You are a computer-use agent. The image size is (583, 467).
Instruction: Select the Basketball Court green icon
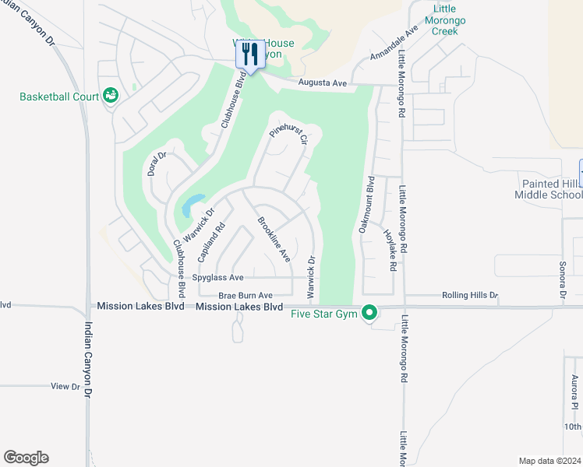pyautogui.click(x=111, y=96)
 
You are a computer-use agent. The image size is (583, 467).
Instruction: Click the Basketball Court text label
pyautogui.click(x=59, y=97)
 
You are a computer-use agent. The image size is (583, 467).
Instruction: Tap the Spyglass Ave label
pyautogui.click(x=218, y=277)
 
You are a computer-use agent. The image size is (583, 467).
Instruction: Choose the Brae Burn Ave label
pyautogui.click(x=245, y=296)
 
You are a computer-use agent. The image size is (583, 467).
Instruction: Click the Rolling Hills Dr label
pyautogui.click(x=469, y=296)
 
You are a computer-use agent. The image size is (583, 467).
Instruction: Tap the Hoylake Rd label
pyautogui.click(x=390, y=249)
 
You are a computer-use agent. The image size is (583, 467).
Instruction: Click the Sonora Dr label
pyautogui.click(x=562, y=279)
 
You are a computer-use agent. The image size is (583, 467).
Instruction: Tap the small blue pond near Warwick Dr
pyautogui.click(x=190, y=206)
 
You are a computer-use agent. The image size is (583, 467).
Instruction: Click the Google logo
pyautogui.click(x=26, y=458)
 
